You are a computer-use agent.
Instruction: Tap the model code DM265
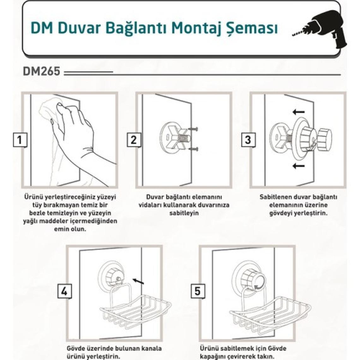click(41, 71)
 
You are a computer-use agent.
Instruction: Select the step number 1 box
click(20, 140)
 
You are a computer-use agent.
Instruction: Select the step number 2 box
click(134, 140)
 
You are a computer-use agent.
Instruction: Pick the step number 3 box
click(248, 140)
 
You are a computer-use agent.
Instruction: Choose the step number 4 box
click(64, 291)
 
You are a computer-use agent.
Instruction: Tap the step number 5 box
click(197, 291)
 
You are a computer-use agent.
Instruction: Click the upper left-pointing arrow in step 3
click(298, 112)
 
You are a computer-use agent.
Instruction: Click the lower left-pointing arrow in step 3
click(298, 165)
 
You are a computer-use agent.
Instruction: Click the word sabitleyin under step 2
click(184, 213)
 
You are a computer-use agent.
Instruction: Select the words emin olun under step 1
click(70, 229)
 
